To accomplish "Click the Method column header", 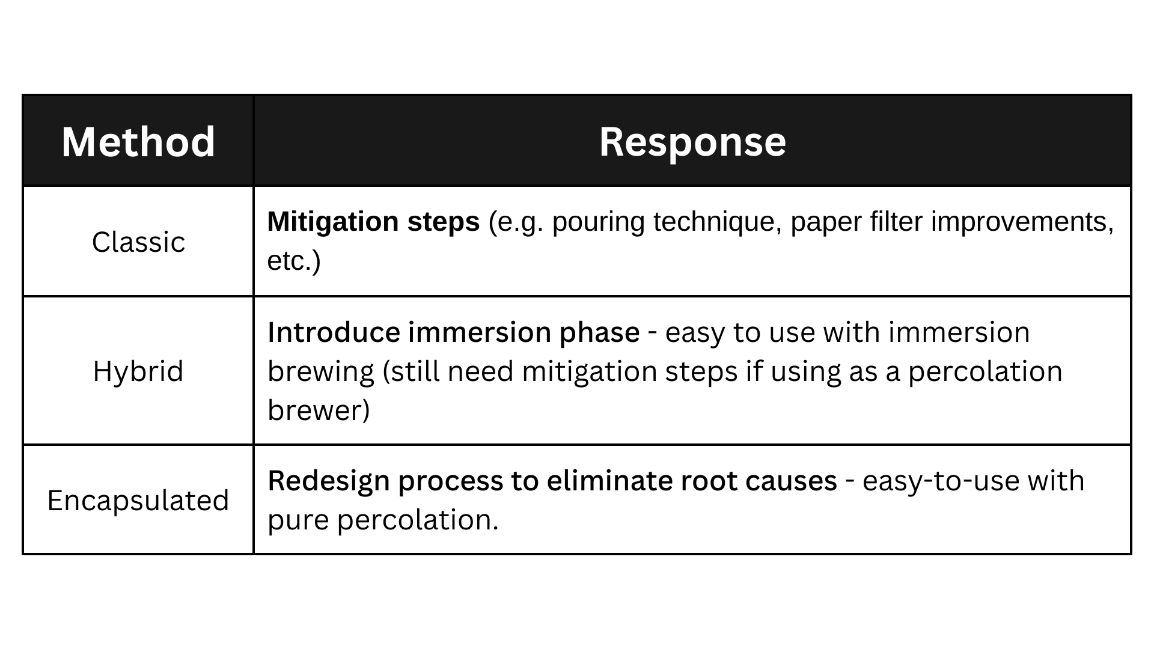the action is click(138, 142).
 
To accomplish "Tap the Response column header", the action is click(692, 142).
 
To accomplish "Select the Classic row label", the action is click(138, 242).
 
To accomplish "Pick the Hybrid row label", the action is click(138, 371).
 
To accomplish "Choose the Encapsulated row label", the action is click(138, 500).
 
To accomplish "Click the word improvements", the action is click(1022, 222).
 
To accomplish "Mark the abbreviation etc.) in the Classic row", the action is click(294, 261).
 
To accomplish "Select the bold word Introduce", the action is click(334, 332).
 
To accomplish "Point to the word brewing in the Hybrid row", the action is click(321, 371).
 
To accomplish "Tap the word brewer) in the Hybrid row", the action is click(319, 410).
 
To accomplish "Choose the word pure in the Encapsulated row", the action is click(298, 520).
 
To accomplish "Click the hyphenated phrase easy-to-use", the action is click(941, 481).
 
